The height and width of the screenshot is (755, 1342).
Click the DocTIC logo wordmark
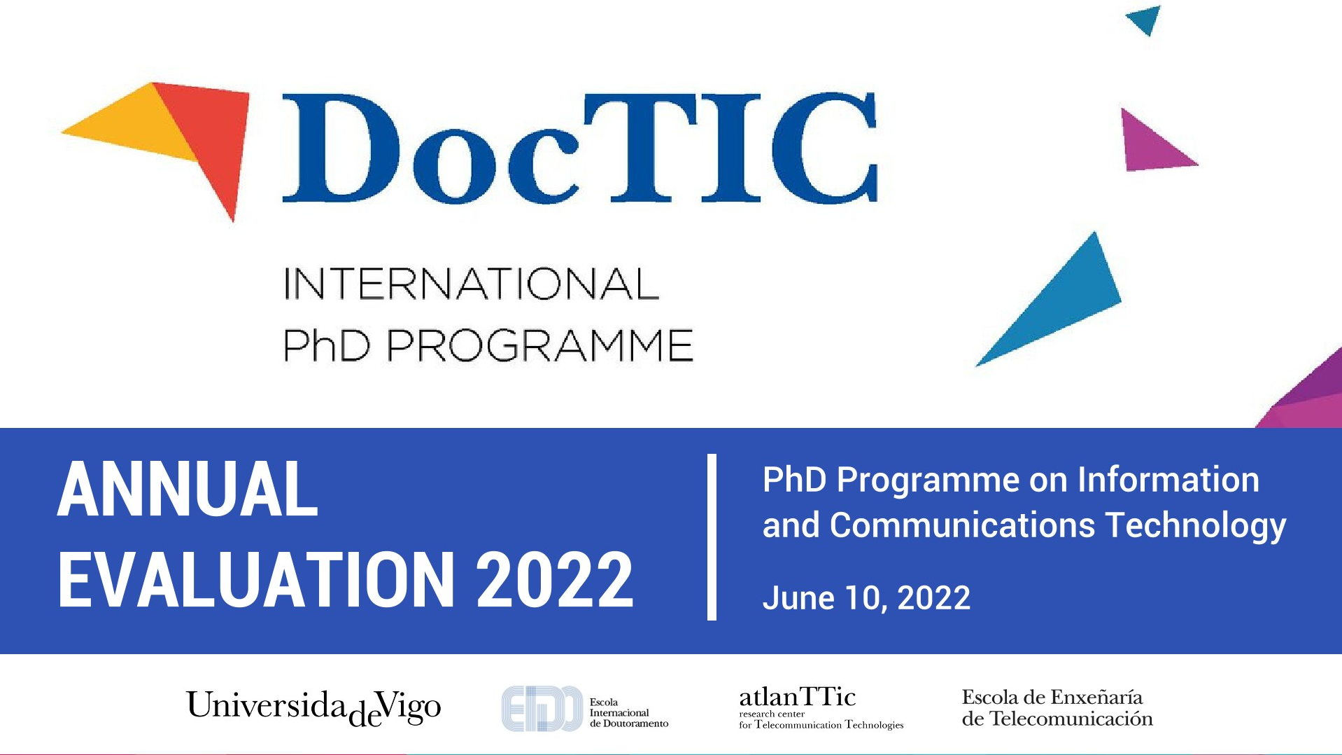(579, 148)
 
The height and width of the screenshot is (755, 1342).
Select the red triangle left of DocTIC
(213, 140)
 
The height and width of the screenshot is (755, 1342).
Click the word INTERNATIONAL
(471, 284)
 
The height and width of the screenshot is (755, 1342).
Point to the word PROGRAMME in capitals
(539, 345)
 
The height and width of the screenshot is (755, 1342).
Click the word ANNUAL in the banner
(188, 490)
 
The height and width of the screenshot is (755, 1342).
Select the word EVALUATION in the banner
(257, 579)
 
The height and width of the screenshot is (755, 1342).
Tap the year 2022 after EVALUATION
(555, 579)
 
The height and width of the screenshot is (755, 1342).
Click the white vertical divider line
(712, 537)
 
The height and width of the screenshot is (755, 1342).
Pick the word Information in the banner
(1168, 480)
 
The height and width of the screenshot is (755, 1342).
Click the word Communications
(963, 525)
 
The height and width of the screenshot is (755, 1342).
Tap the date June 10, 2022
(866, 598)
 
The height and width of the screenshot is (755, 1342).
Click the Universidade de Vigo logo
(313, 707)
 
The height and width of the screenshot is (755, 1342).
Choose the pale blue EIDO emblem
(542, 709)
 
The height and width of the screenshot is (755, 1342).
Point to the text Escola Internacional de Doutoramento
(629, 712)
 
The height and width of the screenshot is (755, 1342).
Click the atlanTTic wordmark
(798, 697)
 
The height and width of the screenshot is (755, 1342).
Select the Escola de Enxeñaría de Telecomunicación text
(1057, 707)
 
